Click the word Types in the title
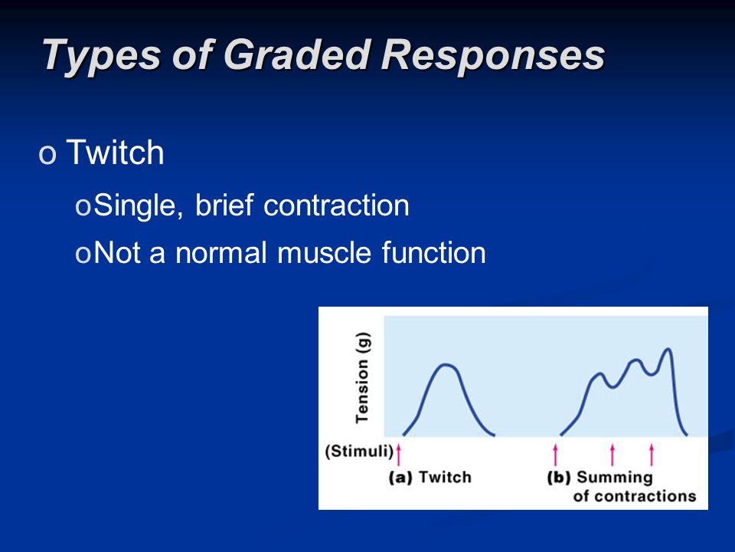tap(102, 56)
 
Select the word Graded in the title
tap(297, 54)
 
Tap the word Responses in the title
tap(492, 56)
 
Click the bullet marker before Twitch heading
tap(47, 154)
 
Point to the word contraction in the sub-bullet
tap(336, 205)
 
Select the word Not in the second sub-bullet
tap(117, 252)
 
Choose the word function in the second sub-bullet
tap(433, 252)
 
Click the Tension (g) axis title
tap(362, 377)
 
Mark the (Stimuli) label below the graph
tap(358, 451)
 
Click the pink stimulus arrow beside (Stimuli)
tap(398, 454)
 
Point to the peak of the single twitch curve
tap(446, 364)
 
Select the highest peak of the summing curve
tap(668, 349)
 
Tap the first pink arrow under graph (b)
tap(556, 454)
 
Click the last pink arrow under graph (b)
tap(651, 454)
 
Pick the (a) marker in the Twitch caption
tap(400, 478)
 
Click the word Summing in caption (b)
tap(615, 478)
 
